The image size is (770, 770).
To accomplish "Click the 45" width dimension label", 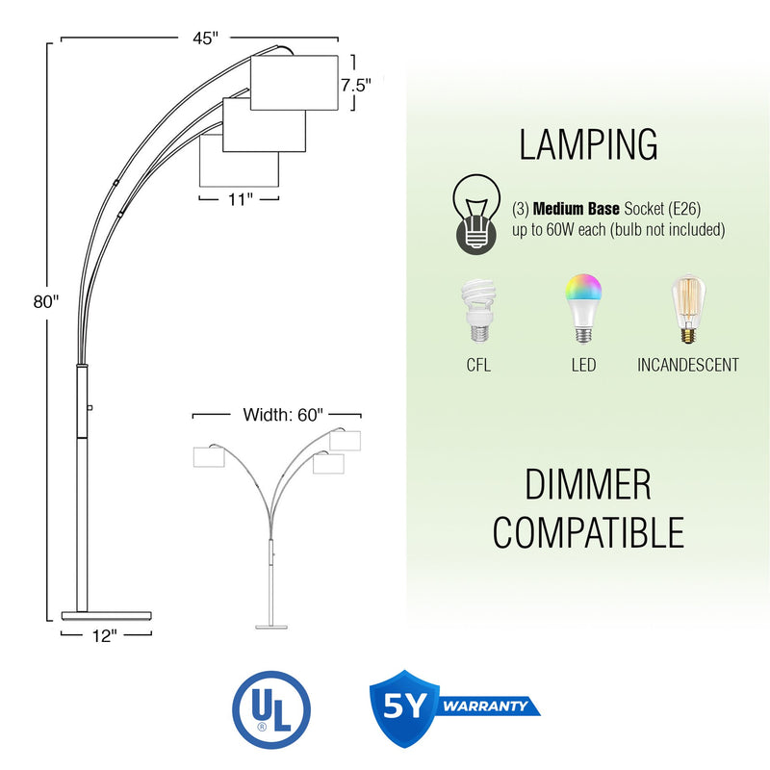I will [203, 38].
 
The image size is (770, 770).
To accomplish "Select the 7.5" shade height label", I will [355, 85].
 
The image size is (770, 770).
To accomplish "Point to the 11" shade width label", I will [240, 199].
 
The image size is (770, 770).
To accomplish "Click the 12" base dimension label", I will [106, 635].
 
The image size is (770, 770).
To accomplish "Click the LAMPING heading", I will [588, 144].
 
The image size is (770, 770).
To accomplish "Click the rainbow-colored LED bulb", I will [583, 308].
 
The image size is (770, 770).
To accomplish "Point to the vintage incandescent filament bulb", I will [687, 310].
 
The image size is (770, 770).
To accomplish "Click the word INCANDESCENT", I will [688, 365].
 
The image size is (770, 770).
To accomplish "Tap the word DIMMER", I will [588, 484].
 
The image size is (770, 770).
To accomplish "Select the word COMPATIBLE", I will [588, 532].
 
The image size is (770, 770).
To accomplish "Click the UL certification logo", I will [271, 709].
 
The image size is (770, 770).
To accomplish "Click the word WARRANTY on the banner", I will [485, 706].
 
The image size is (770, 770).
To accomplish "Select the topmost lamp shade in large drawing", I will [294, 83].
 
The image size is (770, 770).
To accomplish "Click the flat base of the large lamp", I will [107, 613].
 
